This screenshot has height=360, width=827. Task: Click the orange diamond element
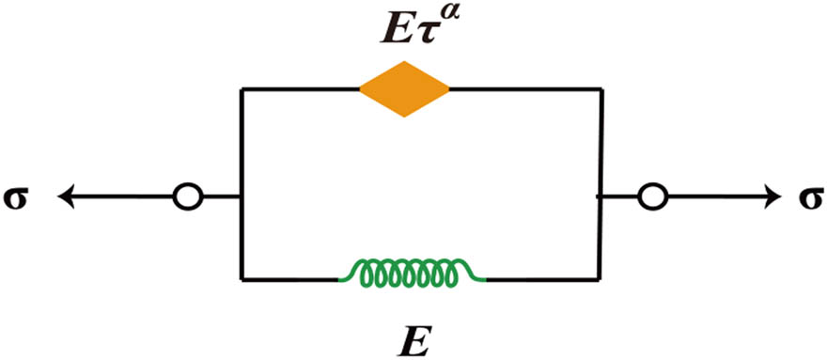point(404,89)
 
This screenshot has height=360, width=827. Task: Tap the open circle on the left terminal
point(187,197)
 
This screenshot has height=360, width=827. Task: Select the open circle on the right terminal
point(651,197)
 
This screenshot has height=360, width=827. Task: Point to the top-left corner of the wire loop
point(242,89)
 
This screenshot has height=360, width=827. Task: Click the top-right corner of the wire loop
point(600,89)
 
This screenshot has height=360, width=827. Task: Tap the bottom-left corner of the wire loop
point(242,279)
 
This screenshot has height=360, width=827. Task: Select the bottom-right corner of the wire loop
point(600,279)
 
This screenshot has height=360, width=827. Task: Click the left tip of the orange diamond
point(360,89)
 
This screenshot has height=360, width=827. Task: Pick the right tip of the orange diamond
point(449,89)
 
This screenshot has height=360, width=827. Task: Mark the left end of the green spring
point(341,278)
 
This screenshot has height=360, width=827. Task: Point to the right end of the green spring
point(483,278)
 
